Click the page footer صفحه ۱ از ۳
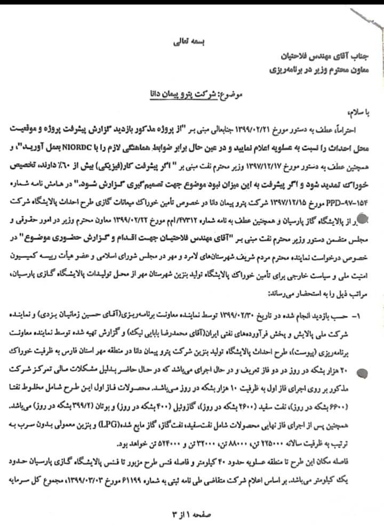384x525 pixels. click(x=191, y=512)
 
